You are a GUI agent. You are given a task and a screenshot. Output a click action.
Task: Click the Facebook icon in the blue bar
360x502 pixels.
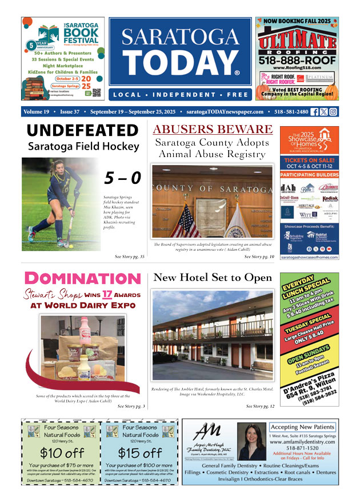click(314, 112)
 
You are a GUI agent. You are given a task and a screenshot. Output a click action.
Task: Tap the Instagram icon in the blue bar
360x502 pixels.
click(333, 112)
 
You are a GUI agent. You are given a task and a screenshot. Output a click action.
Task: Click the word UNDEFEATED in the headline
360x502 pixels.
click(83, 131)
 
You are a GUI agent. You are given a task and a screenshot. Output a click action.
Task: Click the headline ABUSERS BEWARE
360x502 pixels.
click(212, 130)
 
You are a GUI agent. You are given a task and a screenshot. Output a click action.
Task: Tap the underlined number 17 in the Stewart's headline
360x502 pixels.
click(107, 295)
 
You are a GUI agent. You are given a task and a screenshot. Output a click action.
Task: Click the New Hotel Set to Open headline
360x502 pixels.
click(213, 278)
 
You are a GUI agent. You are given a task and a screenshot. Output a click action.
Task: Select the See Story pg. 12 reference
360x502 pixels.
click(260, 406)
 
